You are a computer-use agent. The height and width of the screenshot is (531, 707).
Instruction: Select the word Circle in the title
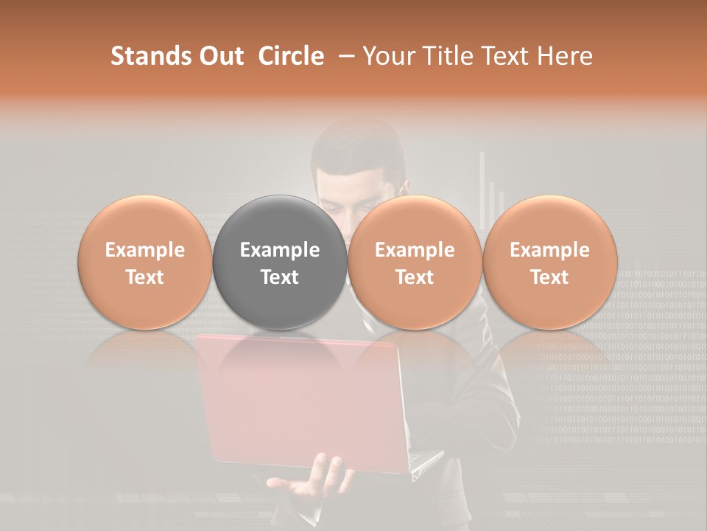[x=290, y=56]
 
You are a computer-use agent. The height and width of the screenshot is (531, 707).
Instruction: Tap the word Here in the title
[x=565, y=56]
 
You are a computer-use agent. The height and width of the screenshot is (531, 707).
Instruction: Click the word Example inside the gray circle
[x=280, y=250]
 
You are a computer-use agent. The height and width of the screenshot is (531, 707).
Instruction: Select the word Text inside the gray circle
[x=280, y=277]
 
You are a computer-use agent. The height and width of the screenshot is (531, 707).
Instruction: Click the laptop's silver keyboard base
[x=427, y=461]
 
